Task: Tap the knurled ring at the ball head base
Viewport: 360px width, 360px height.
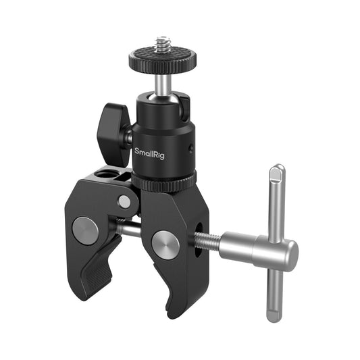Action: pos(164,182)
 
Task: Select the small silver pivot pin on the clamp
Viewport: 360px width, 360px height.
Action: pos(124,201)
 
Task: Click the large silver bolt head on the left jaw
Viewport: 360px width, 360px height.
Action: pos(85,230)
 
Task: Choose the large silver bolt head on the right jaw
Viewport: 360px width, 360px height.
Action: pos(165,244)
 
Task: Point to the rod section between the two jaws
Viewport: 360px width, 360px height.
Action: pos(128,230)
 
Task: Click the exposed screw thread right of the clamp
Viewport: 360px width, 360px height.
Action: pos(207,240)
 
